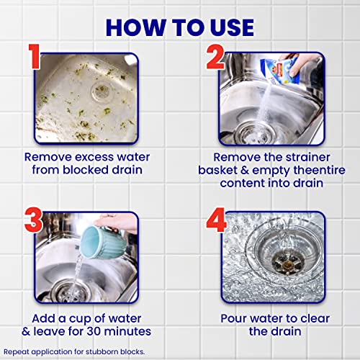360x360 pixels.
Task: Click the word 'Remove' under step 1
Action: point(45,156)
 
